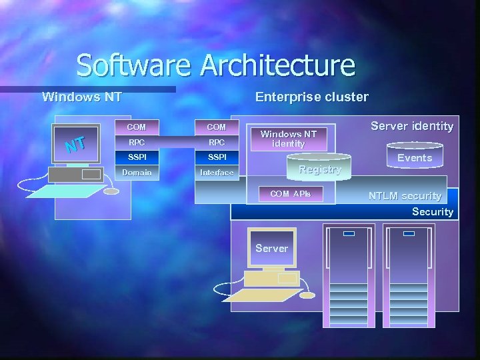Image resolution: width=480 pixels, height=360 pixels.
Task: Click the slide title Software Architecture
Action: [215, 65]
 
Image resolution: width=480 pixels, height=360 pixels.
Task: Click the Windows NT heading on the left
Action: [81, 97]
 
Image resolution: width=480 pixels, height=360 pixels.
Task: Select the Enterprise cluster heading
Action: [311, 97]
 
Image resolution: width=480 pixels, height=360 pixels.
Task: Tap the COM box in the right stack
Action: [217, 127]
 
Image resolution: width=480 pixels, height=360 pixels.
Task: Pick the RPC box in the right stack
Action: [217, 142]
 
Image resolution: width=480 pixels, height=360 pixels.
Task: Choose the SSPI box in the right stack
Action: [217, 157]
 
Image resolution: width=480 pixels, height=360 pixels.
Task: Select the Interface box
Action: [217, 173]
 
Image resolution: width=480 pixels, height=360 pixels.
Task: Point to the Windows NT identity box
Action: [289, 139]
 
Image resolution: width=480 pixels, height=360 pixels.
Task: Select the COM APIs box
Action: [290, 194]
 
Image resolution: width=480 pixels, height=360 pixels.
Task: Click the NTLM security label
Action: [405, 196]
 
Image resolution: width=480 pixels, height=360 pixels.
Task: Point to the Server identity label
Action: [412, 126]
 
